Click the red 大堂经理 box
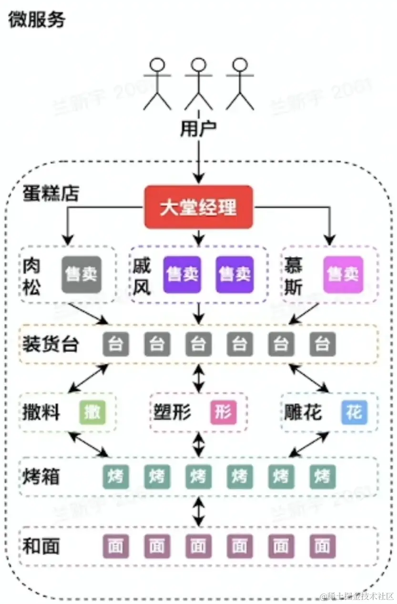pyautogui.click(x=198, y=208)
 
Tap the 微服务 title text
pyautogui.click(x=37, y=20)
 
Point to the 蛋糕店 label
pyautogui.click(x=51, y=194)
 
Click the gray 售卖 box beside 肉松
pyautogui.click(x=81, y=275)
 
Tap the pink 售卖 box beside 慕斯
pyautogui.click(x=343, y=275)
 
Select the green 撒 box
pyautogui.click(x=92, y=413)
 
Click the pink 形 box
pyautogui.click(x=223, y=413)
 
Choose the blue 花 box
pyautogui.click(x=354, y=413)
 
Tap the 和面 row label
pyautogui.click(x=41, y=546)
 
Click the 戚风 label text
pyautogui.click(x=142, y=276)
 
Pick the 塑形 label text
pyautogui.click(x=173, y=413)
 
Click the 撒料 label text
pyautogui.click(x=41, y=413)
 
